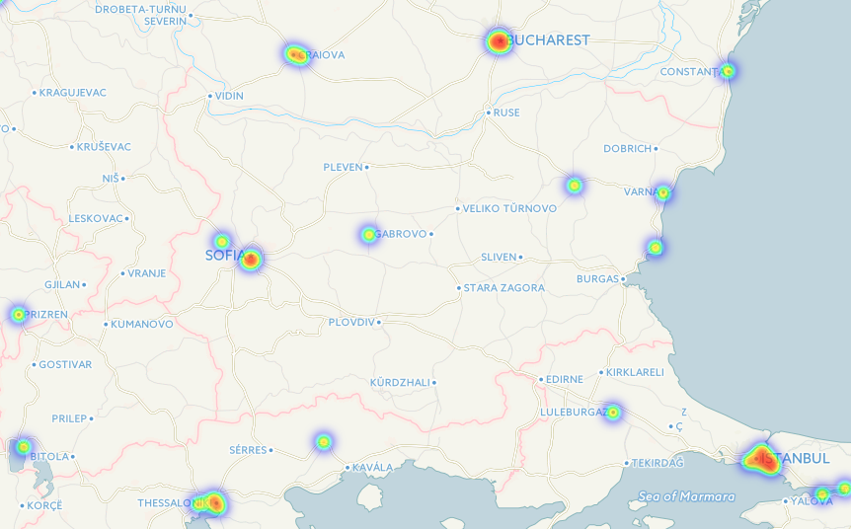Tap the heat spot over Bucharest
click(499, 41)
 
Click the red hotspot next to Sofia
click(251, 260)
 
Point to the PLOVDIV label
click(350, 322)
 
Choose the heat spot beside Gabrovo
click(368, 235)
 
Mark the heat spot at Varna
click(663, 193)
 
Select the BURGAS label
click(596, 279)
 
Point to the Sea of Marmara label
click(686, 496)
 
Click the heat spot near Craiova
click(295, 54)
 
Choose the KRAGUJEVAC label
click(73, 93)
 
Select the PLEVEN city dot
click(366, 168)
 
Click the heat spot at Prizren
click(18, 315)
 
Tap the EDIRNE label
click(564, 380)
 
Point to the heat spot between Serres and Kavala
click(323, 441)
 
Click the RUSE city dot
click(489, 113)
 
